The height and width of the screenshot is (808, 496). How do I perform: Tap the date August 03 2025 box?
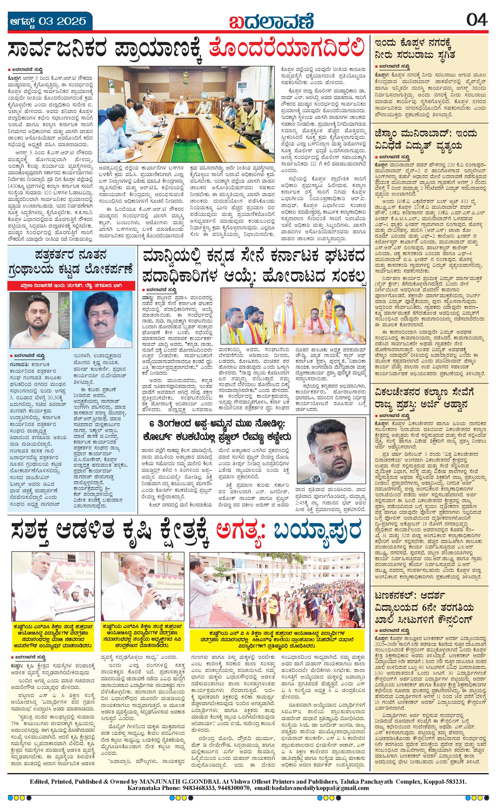pos(49,22)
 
